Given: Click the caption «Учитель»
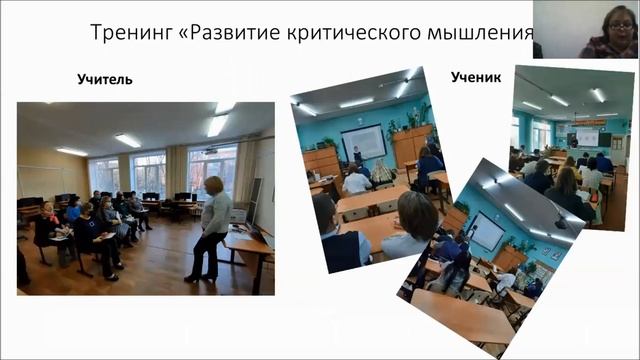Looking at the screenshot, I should point(105,80).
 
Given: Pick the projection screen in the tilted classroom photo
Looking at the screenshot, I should point(362,140).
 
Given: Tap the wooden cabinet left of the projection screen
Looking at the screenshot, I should point(322,160).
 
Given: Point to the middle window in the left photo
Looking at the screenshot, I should point(149,170).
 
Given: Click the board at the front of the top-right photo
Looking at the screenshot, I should point(588,136).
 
